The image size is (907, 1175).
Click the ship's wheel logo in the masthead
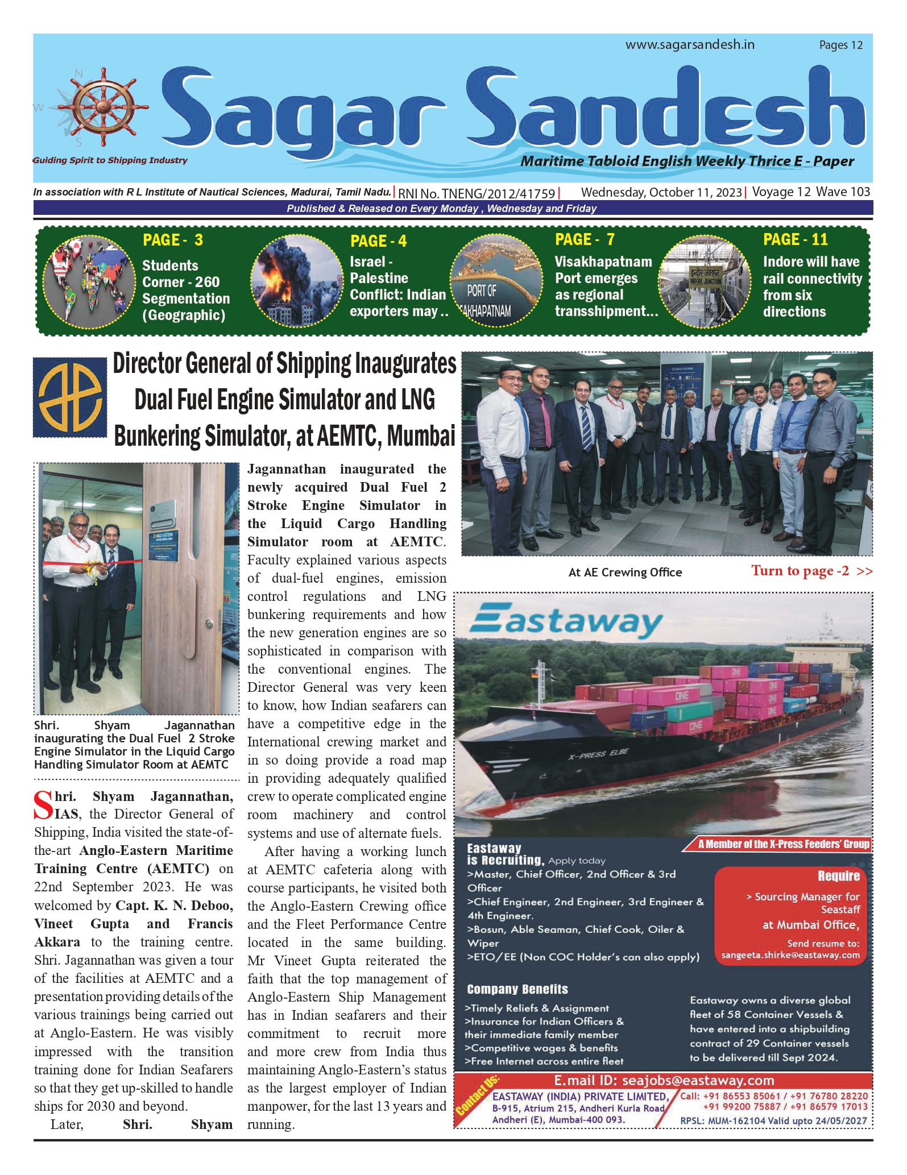tap(103, 107)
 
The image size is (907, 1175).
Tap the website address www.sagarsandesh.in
tap(690, 45)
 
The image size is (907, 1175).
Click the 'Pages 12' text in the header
tap(840, 45)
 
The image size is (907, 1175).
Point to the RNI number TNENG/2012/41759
tap(477, 193)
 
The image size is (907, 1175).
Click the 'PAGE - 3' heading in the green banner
tap(172, 240)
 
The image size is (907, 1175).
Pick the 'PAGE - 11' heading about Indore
tap(795, 239)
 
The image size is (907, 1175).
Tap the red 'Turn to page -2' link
tap(810, 571)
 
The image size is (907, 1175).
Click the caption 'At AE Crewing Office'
tap(625, 572)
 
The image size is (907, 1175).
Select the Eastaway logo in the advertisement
tap(566, 622)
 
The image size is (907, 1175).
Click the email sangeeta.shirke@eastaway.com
tap(790, 955)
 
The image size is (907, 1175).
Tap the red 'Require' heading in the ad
tap(838, 876)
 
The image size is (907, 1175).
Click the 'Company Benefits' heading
tap(517, 989)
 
